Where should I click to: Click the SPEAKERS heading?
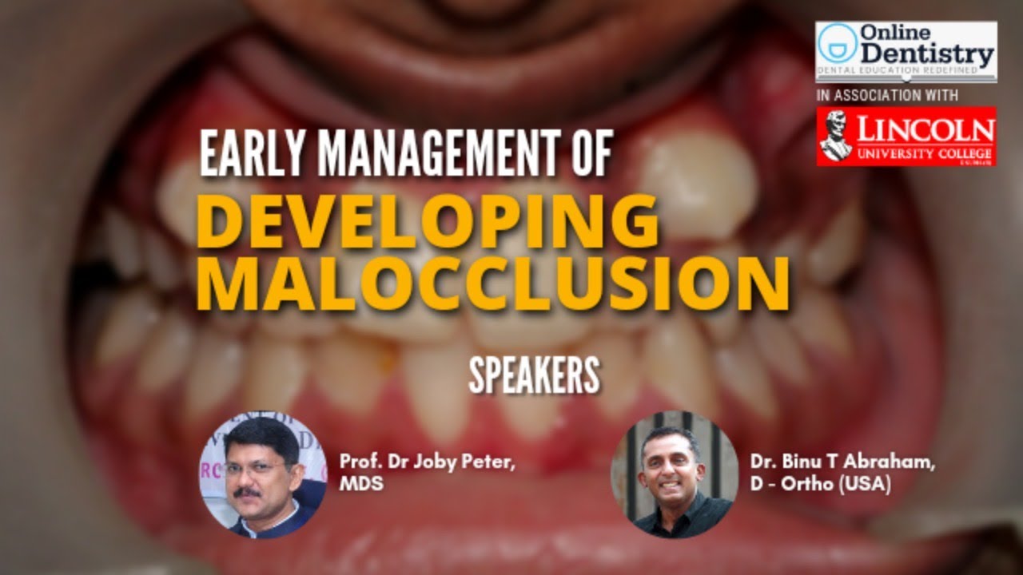point(534,375)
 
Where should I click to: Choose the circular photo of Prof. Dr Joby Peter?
point(262,476)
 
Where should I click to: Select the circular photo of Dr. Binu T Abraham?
point(674,476)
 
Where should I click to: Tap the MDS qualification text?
point(361,484)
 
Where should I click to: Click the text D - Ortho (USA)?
point(820,484)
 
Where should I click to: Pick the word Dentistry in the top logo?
point(927,56)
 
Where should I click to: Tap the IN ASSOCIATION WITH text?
point(886,96)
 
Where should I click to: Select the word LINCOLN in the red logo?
point(926,129)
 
